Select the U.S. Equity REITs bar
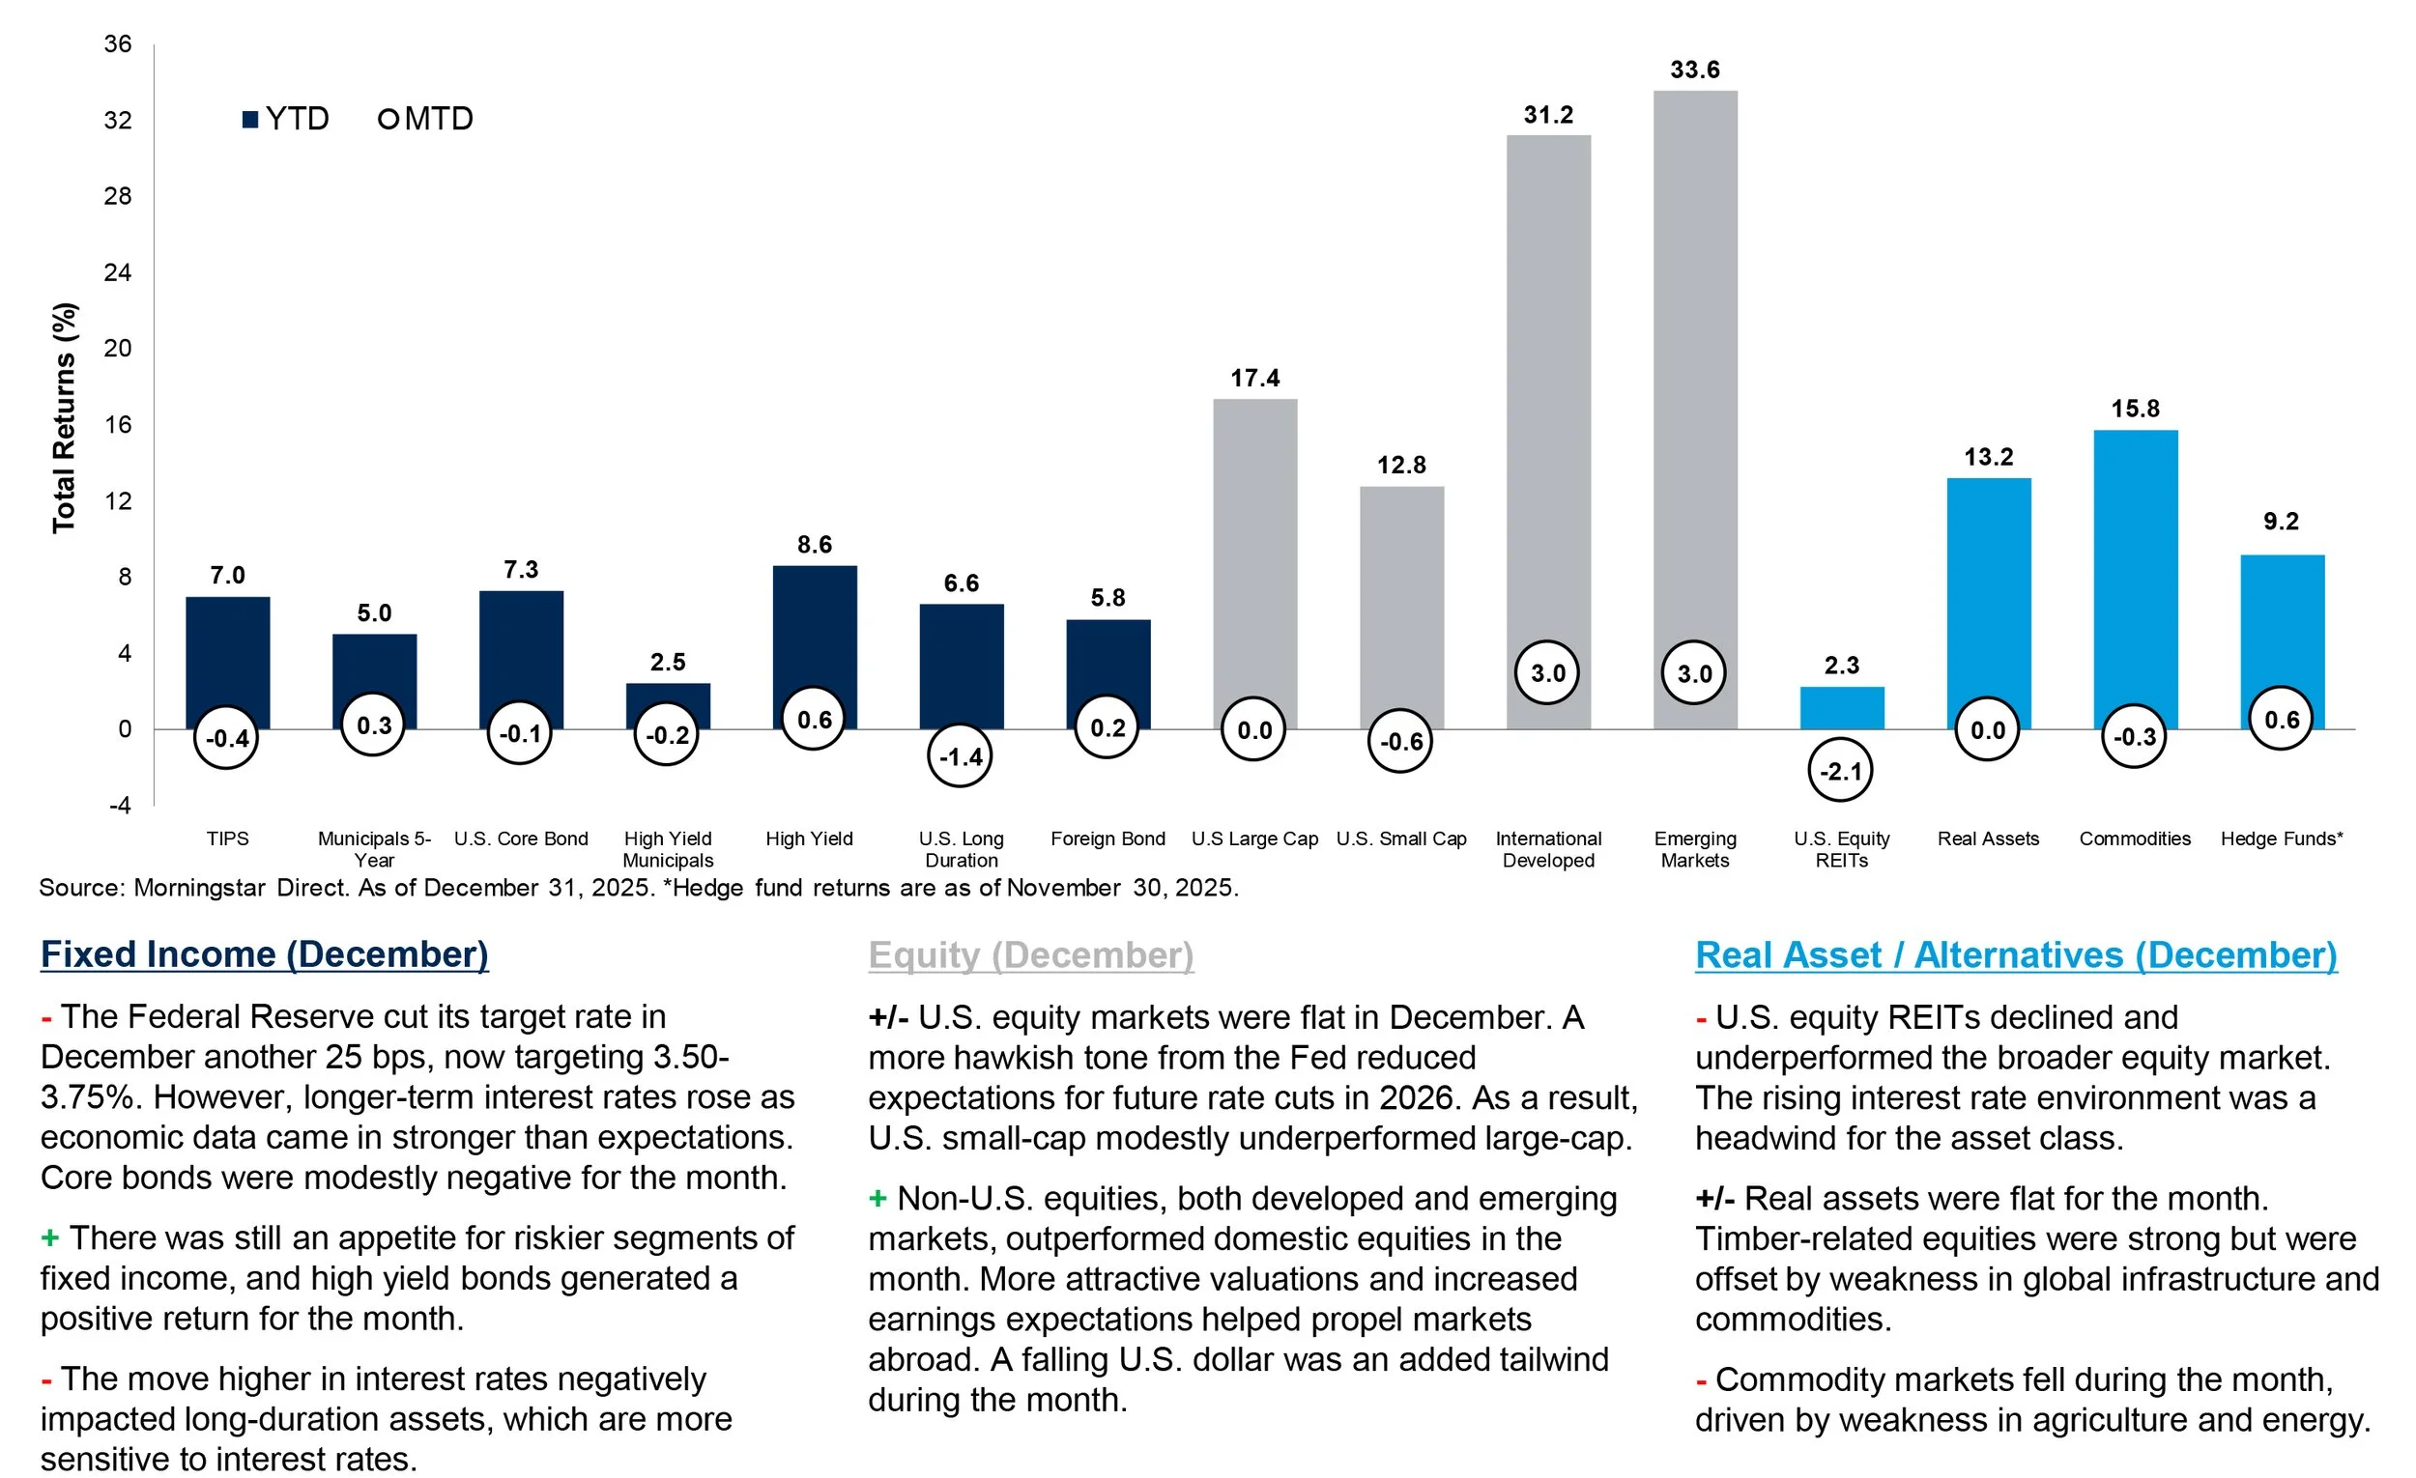click(1841, 708)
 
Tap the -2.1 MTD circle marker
click(1840, 771)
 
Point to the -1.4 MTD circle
click(960, 756)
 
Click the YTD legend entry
click(285, 119)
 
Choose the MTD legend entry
click(425, 119)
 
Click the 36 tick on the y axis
click(118, 44)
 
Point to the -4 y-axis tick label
click(119, 806)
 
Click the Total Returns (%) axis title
click(64, 417)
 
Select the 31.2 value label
click(1547, 115)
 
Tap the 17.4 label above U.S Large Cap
click(1254, 379)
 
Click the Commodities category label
click(2135, 838)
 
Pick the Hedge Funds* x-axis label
click(2282, 838)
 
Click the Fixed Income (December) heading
click(265, 954)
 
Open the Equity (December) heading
click(1030, 955)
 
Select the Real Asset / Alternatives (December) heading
click(2016, 955)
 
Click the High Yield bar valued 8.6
click(814, 627)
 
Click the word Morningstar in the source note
click(200, 888)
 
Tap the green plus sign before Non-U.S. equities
click(877, 1199)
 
